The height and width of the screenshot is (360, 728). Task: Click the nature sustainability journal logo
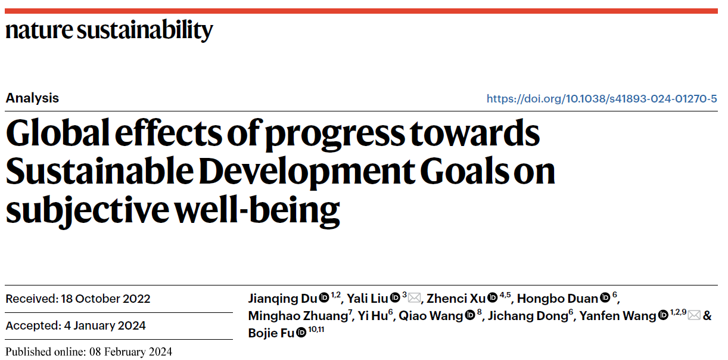click(109, 30)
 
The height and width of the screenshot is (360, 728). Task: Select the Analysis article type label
click(32, 98)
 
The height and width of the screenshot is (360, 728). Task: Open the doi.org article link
click(602, 98)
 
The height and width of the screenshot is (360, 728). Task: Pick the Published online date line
click(89, 352)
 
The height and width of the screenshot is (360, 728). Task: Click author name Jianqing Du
click(282, 299)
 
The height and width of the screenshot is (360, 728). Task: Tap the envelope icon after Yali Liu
click(414, 298)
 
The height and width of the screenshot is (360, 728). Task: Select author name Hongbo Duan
click(558, 299)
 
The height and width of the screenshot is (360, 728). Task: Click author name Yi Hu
click(372, 316)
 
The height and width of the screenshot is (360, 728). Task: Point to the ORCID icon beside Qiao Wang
click(470, 316)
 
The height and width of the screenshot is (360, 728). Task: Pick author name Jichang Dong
click(527, 316)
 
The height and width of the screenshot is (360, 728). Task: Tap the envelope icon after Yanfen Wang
click(694, 315)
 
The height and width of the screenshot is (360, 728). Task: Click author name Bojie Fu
click(271, 333)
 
